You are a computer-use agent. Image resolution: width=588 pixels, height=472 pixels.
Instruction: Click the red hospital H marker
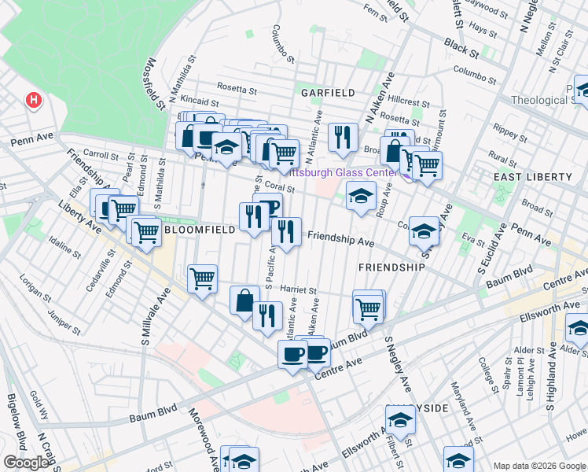click(x=33, y=101)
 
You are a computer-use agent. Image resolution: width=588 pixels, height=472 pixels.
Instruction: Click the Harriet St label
click(x=296, y=291)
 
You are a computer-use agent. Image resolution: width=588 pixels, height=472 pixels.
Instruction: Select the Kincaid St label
click(x=199, y=101)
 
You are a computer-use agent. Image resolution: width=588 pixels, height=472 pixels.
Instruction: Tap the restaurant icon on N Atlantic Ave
click(x=342, y=138)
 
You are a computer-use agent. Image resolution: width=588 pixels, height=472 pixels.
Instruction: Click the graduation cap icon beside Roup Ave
click(x=360, y=196)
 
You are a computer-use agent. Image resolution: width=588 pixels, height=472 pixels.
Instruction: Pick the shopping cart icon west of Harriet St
click(x=202, y=278)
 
